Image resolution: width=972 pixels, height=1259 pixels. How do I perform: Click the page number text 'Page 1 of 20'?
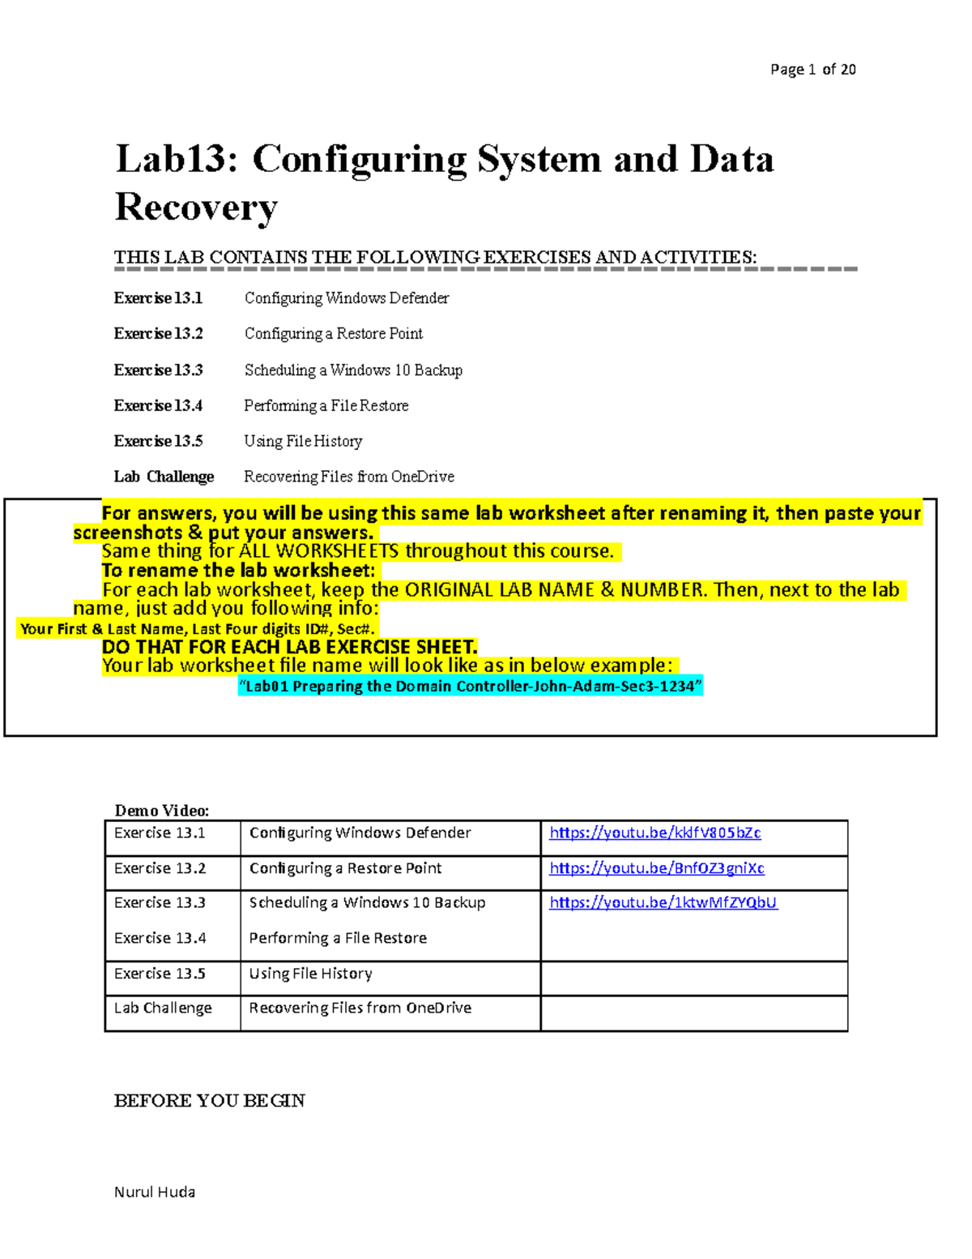812,70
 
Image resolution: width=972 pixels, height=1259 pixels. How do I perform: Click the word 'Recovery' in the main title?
196,208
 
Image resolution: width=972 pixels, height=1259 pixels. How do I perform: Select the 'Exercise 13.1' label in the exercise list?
158,298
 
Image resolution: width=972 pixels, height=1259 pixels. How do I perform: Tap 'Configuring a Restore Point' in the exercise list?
333,334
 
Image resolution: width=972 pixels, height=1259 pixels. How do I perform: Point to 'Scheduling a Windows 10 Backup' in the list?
353,370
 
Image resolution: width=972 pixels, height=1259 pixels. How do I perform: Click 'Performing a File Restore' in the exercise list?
326,405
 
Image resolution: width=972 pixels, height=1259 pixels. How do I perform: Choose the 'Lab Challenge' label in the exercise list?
164,477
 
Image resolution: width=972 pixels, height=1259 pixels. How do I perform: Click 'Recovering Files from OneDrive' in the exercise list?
348,477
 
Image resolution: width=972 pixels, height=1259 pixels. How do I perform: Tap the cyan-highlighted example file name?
470,687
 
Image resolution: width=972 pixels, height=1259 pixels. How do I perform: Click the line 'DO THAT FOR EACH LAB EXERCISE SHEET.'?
289,647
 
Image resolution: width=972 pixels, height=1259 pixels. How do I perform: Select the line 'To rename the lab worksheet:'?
238,570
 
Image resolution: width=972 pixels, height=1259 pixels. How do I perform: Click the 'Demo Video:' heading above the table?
161,811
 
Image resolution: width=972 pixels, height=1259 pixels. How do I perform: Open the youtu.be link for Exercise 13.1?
654,833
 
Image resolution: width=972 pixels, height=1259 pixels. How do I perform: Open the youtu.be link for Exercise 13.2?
656,868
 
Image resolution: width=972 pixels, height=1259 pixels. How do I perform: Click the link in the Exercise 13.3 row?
663,902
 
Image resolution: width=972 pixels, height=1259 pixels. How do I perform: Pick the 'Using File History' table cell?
310,974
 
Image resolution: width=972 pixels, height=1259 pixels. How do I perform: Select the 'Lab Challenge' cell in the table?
163,1008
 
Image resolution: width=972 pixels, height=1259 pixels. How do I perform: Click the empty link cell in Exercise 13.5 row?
693,978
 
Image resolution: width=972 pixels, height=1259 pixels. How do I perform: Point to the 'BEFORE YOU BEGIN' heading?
209,1101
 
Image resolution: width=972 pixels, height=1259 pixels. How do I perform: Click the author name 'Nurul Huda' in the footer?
154,1192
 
